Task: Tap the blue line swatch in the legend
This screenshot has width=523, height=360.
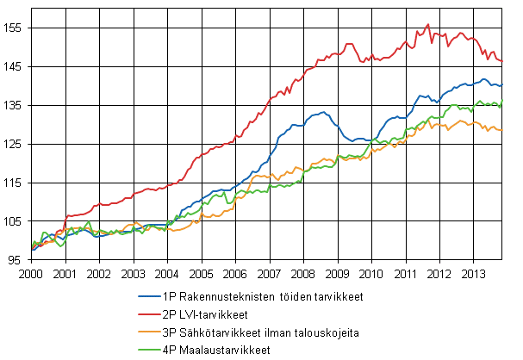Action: tap(146, 297)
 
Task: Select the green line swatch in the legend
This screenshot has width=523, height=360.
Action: tap(146, 351)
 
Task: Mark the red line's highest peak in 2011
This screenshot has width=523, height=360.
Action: tap(428, 24)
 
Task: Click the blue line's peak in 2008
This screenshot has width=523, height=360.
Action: tap(322, 112)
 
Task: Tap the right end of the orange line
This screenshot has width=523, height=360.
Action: tap(502, 130)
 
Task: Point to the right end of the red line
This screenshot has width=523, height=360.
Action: tap(502, 61)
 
